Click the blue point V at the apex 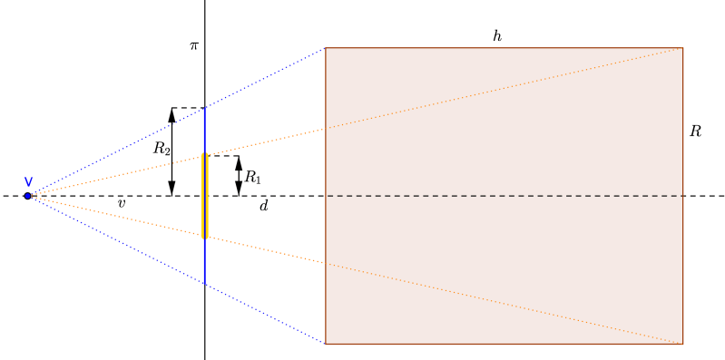[x=27, y=196]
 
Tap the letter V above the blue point [x=28, y=182]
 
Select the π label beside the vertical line [x=193, y=44]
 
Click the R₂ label [x=161, y=148]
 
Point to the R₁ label [x=253, y=178]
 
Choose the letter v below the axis [x=121, y=204]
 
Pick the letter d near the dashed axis [x=263, y=207]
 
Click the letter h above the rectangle [x=497, y=36]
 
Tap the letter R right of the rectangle [x=695, y=131]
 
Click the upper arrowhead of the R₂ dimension [x=171, y=115]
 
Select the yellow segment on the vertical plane [x=204, y=196]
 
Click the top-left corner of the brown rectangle [x=326, y=47]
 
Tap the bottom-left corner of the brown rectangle [x=326, y=345]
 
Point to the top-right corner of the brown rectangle [x=682, y=47]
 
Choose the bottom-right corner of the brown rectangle [x=682, y=345]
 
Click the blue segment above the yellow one [x=204, y=130]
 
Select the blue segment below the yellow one [x=204, y=262]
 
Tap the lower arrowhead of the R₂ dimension [x=171, y=189]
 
